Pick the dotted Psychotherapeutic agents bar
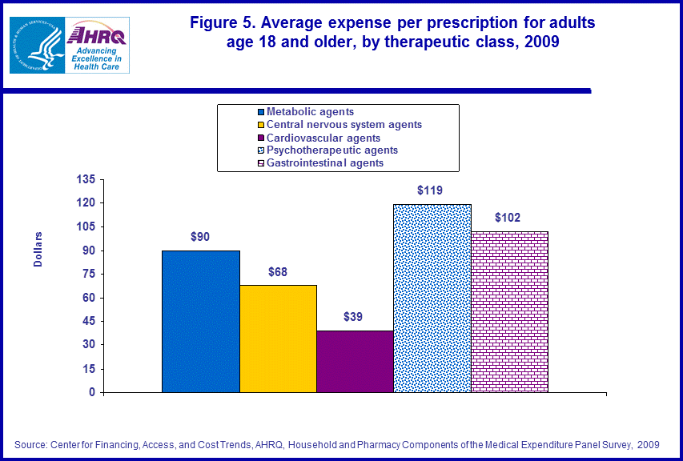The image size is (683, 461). [432, 299]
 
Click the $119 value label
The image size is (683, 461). [430, 190]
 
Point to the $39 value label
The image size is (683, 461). [353, 317]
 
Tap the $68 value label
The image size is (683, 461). [277, 271]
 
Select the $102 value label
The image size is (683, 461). [508, 218]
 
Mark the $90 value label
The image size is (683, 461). [200, 237]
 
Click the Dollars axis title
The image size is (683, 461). [38, 250]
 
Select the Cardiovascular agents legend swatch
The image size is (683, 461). [261, 138]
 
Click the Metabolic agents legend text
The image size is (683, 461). [310, 112]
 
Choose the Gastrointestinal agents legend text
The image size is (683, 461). [325, 163]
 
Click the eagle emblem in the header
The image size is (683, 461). [35, 45]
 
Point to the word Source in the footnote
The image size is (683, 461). [30, 443]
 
